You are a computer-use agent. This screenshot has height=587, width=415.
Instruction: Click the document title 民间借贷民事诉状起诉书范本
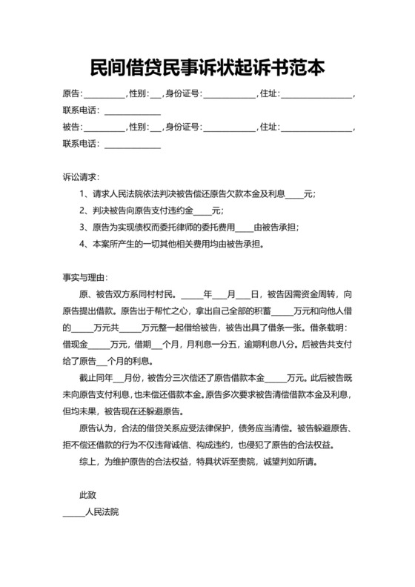pyautogui.click(x=207, y=68)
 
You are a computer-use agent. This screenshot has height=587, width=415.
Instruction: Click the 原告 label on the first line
pyautogui.click(x=72, y=94)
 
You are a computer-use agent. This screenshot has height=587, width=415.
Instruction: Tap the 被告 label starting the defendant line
pyautogui.click(x=72, y=127)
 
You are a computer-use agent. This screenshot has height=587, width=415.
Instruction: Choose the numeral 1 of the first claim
pyautogui.click(x=82, y=194)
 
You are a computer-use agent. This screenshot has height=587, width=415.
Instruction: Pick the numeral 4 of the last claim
pyautogui.click(x=82, y=243)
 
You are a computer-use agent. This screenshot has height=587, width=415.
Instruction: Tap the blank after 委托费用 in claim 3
pyautogui.click(x=244, y=228)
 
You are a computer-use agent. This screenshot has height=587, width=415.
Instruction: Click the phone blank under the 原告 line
pyautogui.click(x=132, y=111)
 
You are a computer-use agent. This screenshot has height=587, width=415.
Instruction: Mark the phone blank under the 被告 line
pyautogui.click(x=132, y=145)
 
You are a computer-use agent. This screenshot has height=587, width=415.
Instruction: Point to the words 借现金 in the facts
pyautogui.click(x=76, y=345)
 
